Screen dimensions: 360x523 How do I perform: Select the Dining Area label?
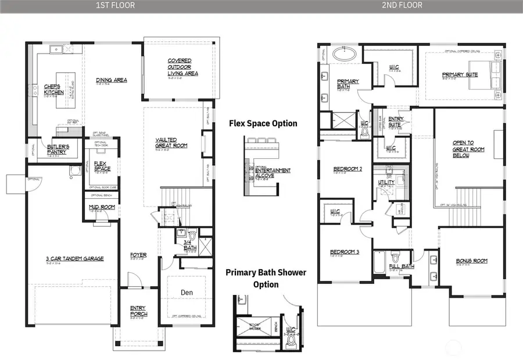112,80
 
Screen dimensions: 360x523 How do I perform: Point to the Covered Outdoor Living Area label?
183,67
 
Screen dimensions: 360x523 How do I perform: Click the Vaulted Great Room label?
171,142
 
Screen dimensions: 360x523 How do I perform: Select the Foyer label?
138,255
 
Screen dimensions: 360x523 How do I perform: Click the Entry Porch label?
138,311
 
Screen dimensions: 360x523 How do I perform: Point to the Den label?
187,292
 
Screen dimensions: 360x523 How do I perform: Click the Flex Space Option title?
263,123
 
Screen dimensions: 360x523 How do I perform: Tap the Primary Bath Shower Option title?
266,278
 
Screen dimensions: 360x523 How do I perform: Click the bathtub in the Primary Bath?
346,55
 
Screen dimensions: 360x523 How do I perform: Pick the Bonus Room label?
471,261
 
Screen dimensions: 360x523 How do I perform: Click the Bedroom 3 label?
345,252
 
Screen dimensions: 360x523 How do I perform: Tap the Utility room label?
386,182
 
